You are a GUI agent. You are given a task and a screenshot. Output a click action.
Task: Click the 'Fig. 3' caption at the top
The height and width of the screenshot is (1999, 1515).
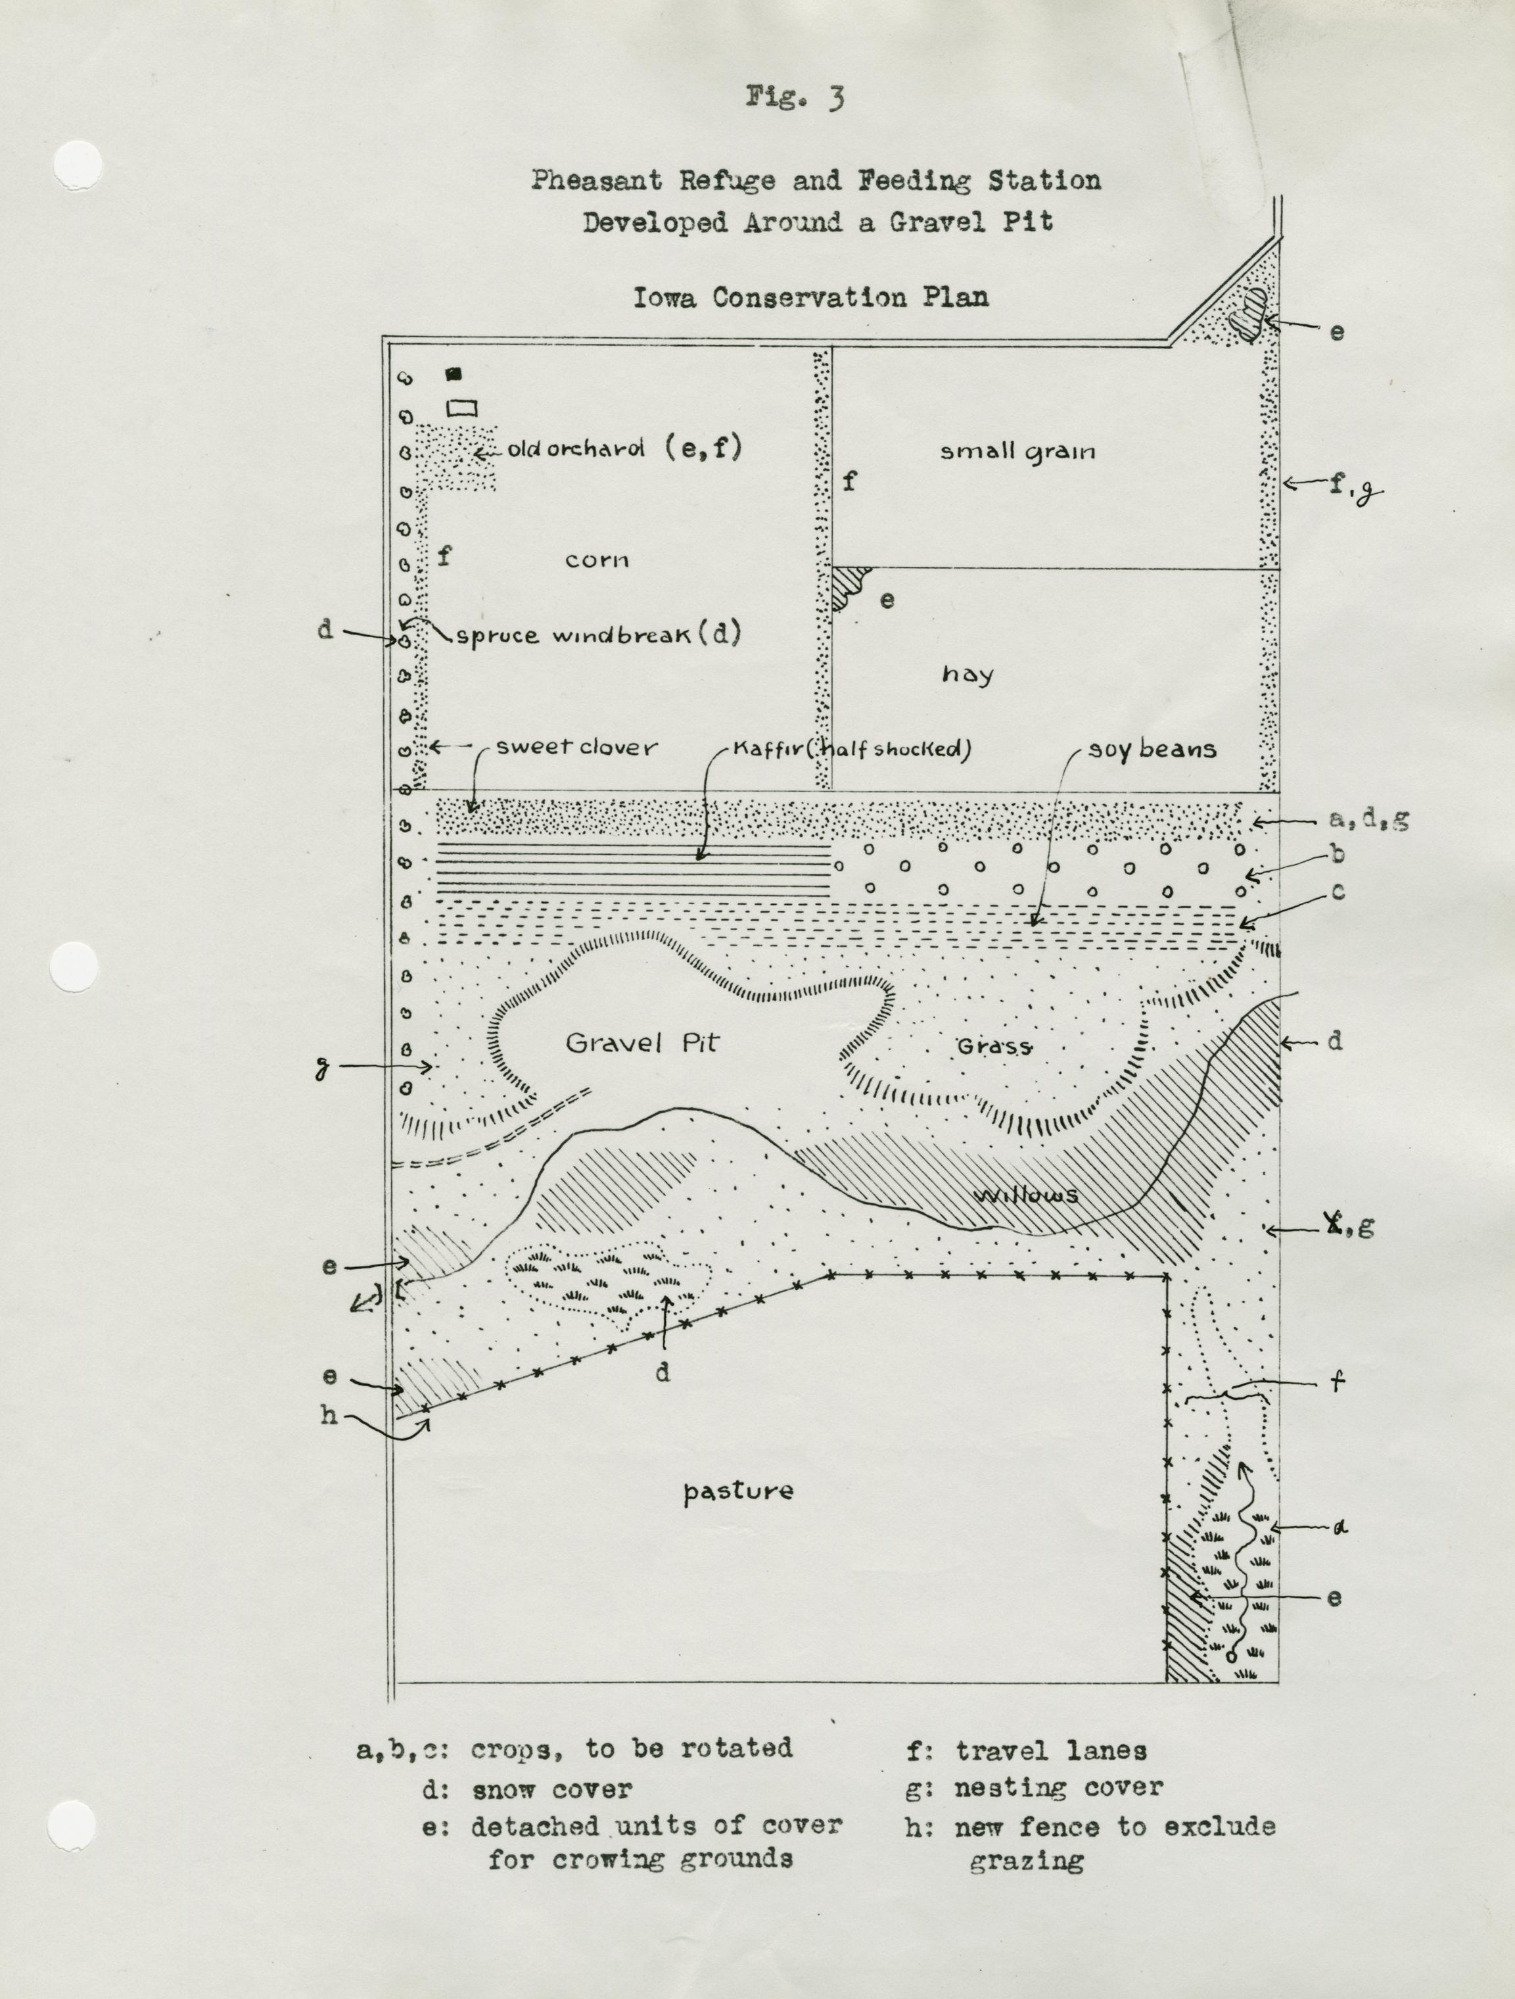click(x=795, y=97)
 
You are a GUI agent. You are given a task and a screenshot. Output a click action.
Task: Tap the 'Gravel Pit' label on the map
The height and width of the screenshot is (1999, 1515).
click(x=641, y=1044)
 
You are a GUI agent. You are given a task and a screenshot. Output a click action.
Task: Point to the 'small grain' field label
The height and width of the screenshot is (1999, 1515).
click(x=1017, y=452)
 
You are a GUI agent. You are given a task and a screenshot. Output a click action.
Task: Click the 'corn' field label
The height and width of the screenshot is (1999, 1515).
click(x=597, y=560)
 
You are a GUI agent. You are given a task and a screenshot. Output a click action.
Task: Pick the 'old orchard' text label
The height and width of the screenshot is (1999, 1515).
click(x=576, y=449)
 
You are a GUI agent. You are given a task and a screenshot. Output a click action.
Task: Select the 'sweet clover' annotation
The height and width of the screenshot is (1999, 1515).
click(x=576, y=748)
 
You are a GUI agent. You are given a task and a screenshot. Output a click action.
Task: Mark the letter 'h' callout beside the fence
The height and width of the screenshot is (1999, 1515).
click(x=328, y=1414)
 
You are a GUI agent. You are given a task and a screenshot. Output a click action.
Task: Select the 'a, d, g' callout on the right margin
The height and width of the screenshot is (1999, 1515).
click(x=1368, y=820)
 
